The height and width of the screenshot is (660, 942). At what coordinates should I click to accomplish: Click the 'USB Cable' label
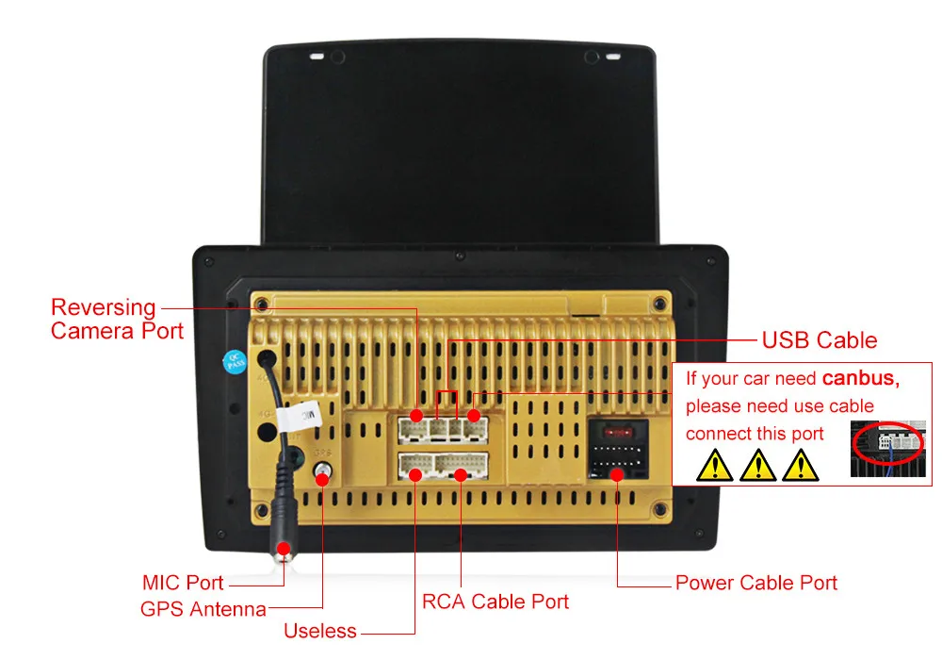click(x=819, y=340)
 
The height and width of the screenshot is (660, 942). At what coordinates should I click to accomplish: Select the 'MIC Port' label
click(x=183, y=583)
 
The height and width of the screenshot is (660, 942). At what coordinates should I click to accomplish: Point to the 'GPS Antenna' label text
click(x=203, y=609)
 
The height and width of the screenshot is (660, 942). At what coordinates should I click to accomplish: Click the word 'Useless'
click(x=320, y=631)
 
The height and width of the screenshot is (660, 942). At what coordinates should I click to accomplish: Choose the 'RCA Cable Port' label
click(x=495, y=602)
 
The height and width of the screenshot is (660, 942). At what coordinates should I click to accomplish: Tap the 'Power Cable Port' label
click(x=755, y=583)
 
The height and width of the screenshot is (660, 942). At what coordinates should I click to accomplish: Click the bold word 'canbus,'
click(x=860, y=379)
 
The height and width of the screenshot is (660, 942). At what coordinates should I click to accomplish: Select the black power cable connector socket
click(x=618, y=454)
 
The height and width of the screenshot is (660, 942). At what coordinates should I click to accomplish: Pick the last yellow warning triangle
click(x=800, y=465)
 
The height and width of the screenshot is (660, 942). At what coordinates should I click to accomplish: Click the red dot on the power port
click(x=617, y=473)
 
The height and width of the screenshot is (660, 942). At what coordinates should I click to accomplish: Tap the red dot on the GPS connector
click(x=323, y=479)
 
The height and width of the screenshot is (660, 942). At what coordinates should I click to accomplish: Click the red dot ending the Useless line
click(x=415, y=474)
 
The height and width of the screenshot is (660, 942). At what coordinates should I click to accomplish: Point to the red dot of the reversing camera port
click(x=416, y=415)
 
